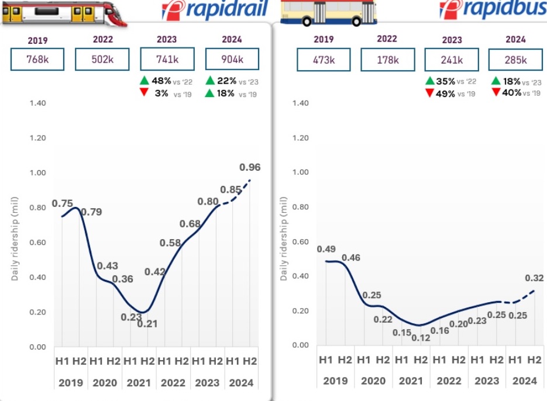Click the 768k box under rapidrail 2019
pyautogui.click(x=37, y=60)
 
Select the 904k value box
pyautogui.click(x=233, y=60)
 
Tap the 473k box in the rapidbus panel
pyautogui.click(x=323, y=59)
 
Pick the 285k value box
pyautogui.click(x=515, y=59)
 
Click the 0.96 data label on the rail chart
pyautogui.click(x=250, y=167)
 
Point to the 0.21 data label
pyautogui.click(x=147, y=323)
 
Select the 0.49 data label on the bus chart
pyautogui.click(x=326, y=249)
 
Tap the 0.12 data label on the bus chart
pyautogui.click(x=419, y=338)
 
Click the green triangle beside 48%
pyautogui.click(x=145, y=81)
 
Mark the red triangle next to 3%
pyautogui.click(x=145, y=94)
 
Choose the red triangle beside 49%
pyautogui.click(x=430, y=94)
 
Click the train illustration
pyautogui.click(x=61, y=12)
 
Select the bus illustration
pyautogui.click(x=328, y=12)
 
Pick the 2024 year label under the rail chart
pyautogui.click(x=241, y=383)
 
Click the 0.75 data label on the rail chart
pyautogui.click(x=62, y=203)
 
